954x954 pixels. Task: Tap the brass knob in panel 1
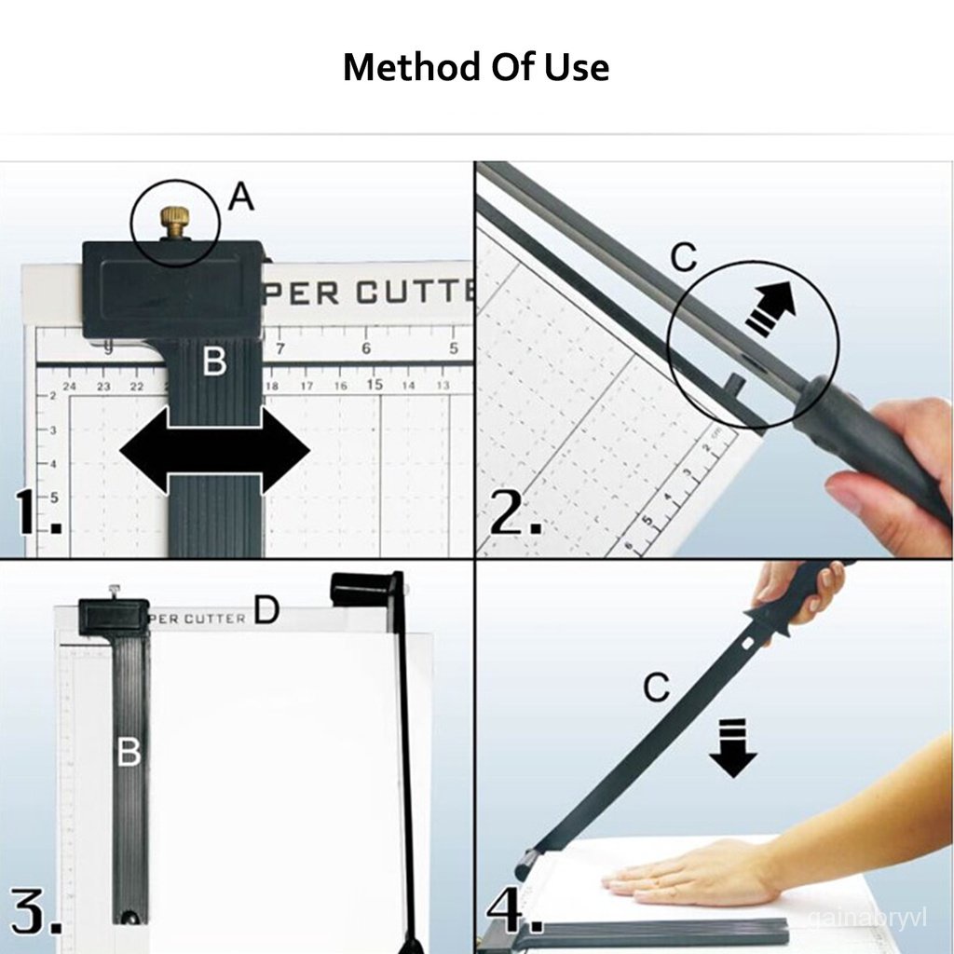pos(174,223)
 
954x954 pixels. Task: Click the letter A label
pos(240,197)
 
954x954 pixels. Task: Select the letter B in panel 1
pos(214,361)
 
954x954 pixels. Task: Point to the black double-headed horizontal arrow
pos(215,454)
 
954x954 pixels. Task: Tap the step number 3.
pos(35,912)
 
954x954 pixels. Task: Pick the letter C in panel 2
pos(684,258)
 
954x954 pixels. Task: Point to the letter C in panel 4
pos(657,688)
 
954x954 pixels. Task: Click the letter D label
pos(266,610)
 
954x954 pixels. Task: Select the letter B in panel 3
pos(129,752)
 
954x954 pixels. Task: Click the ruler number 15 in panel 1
pos(375,384)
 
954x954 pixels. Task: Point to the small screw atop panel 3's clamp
pos(114,591)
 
